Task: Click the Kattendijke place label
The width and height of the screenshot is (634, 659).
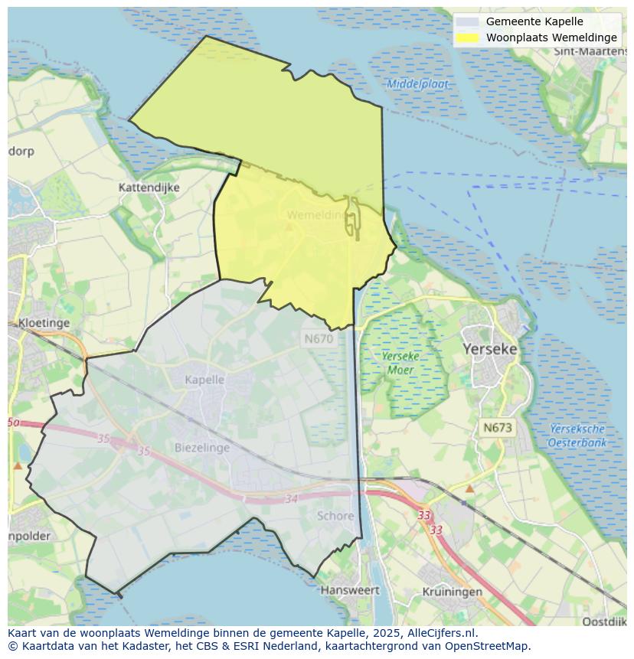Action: point(149,187)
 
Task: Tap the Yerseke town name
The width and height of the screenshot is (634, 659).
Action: point(490,349)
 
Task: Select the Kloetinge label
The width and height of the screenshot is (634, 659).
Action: point(44,323)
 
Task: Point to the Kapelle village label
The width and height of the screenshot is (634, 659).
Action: point(204,380)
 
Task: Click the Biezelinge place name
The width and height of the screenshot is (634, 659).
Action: point(202,447)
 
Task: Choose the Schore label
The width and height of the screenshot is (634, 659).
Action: point(335,516)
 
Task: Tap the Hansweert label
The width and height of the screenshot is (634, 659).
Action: point(350,590)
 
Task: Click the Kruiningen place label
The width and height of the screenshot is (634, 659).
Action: point(453,592)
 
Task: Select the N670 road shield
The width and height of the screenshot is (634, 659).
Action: point(319,338)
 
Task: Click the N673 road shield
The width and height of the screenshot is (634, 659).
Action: point(498,428)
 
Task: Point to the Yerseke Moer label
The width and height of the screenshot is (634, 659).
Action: point(398,363)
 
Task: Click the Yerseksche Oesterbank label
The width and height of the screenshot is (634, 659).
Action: point(577,436)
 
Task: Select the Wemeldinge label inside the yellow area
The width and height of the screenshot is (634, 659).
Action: point(319,216)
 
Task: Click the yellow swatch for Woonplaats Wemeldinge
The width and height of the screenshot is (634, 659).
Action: point(467,38)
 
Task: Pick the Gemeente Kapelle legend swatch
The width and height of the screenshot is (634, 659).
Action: point(467,22)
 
